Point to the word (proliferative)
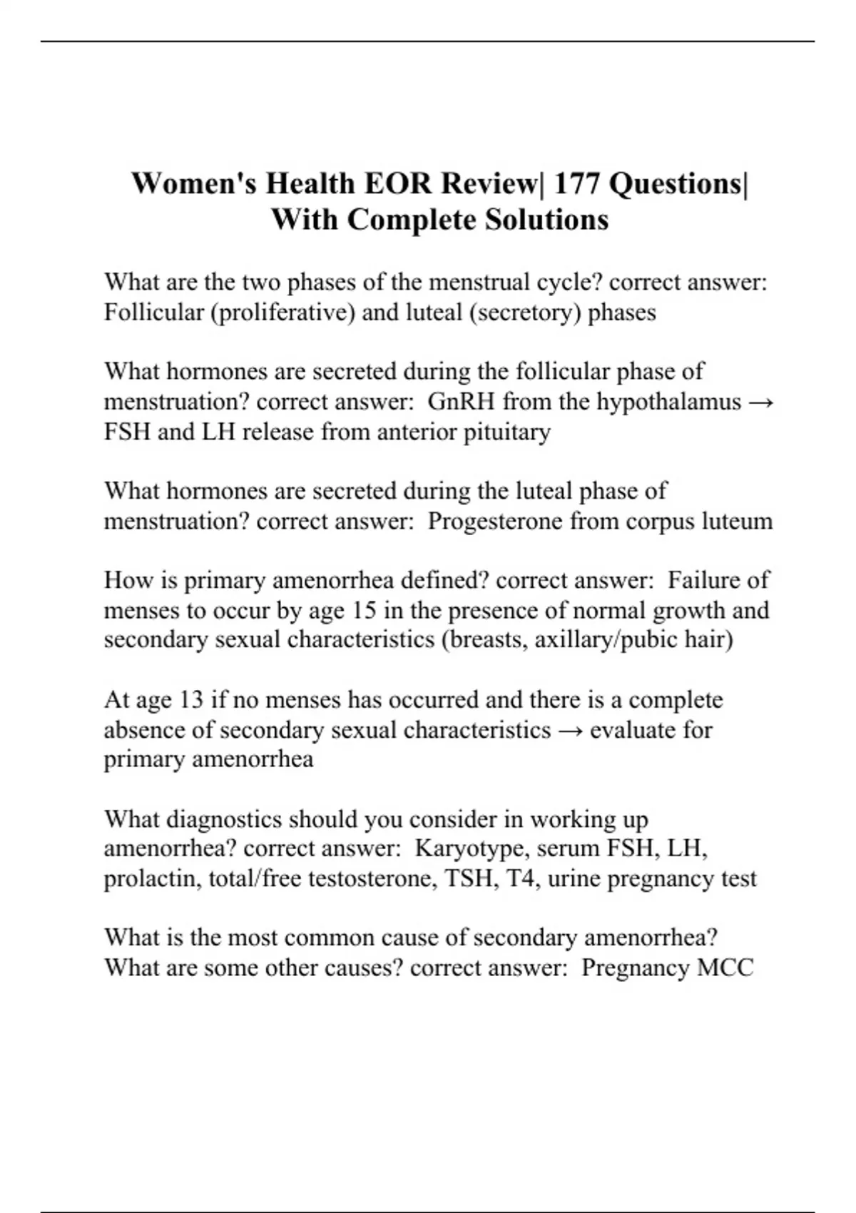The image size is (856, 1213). click(283, 313)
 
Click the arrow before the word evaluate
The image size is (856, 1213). click(571, 730)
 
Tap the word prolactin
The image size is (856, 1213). click(152, 878)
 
